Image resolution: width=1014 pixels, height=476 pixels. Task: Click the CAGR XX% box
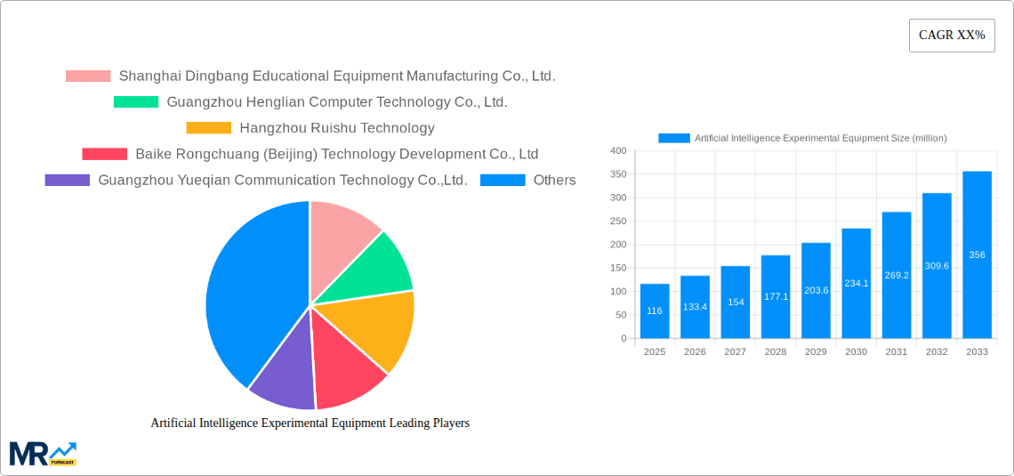click(x=952, y=36)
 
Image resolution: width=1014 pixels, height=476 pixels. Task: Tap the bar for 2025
click(x=655, y=311)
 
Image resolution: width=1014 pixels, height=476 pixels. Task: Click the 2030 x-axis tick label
click(x=856, y=352)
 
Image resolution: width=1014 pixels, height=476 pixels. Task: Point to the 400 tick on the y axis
click(x=618, y=151)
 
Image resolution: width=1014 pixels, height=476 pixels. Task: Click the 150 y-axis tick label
click(x=618, y=268)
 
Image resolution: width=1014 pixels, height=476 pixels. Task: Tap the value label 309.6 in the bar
click(x=937, y=266)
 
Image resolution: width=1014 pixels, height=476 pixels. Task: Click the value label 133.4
click(x=695, y=307)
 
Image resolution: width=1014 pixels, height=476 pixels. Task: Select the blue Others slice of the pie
click(x=249, y=294)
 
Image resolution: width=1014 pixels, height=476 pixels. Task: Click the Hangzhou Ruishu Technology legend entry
click(x=336, y=128)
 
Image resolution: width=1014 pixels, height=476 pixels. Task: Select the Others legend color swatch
click(x=503, y=180)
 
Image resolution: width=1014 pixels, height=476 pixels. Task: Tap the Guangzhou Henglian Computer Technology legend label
click(x=336, y=102)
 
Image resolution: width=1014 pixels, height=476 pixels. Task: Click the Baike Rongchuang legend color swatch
click(x=104, y=154)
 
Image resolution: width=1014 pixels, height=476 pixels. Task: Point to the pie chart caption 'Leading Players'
click(x=310, y=423)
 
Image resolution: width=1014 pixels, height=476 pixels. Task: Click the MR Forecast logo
click(x=43, y=453)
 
